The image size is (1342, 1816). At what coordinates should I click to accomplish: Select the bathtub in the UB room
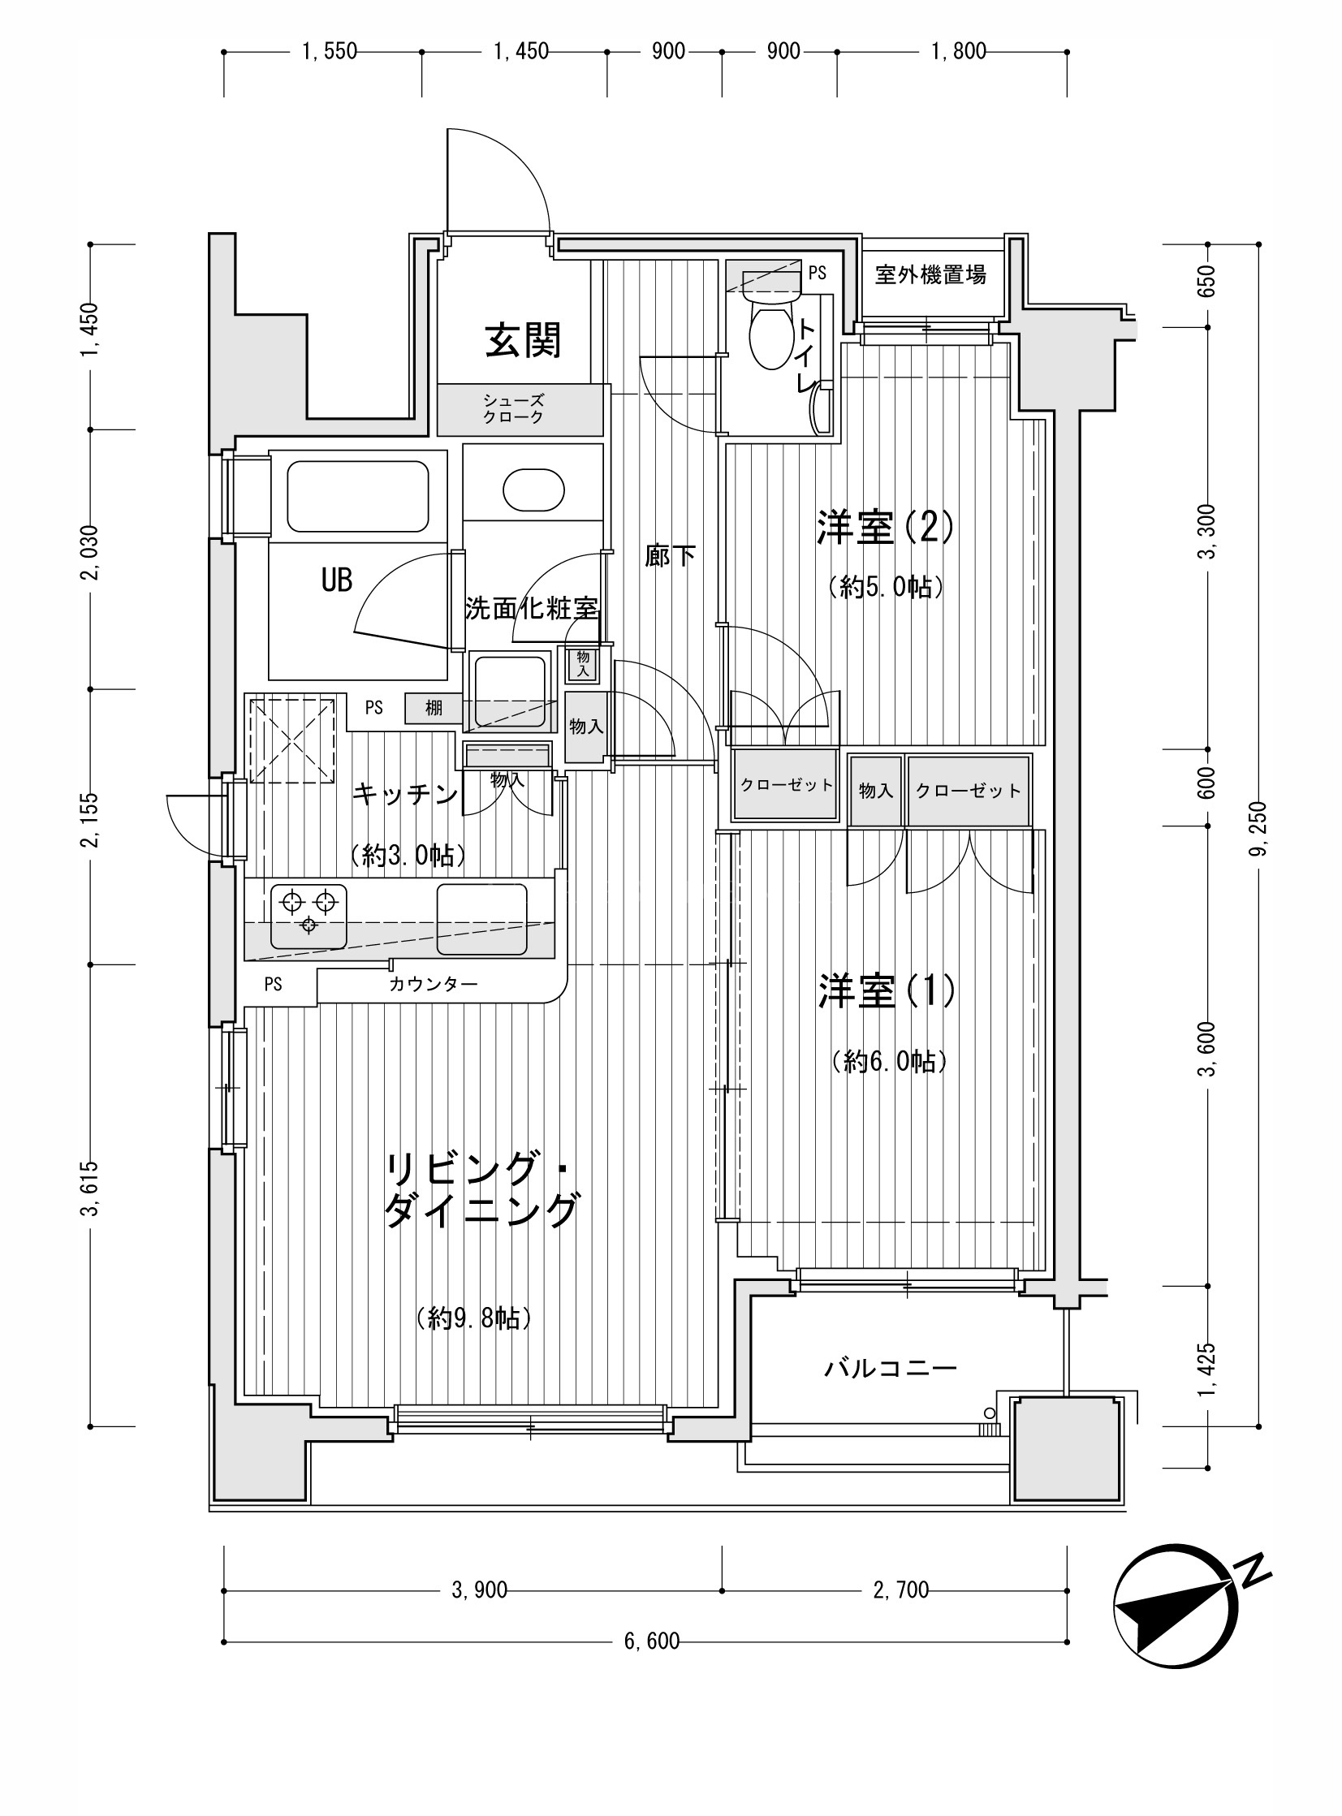click(x=358, y=497)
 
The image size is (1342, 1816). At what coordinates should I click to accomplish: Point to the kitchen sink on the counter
click(x=481, y=920)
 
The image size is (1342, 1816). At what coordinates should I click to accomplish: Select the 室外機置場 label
click(x=930, y=275)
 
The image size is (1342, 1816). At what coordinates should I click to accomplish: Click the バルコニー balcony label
click(x=891, y=1370)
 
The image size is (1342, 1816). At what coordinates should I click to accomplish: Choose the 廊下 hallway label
click(x=670, y=556)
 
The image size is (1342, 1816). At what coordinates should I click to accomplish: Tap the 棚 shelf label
click(x=434, y=708)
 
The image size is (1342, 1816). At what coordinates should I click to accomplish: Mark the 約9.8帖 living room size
click(x=473, y=1318)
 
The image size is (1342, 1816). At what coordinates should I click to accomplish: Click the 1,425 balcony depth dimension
click(x=1207, y=1372)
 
